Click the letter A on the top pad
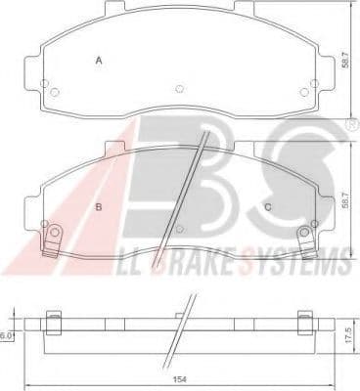[98, 62]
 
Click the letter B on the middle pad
[98, 206]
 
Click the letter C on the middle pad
[267, 206]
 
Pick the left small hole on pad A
[54, 94]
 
